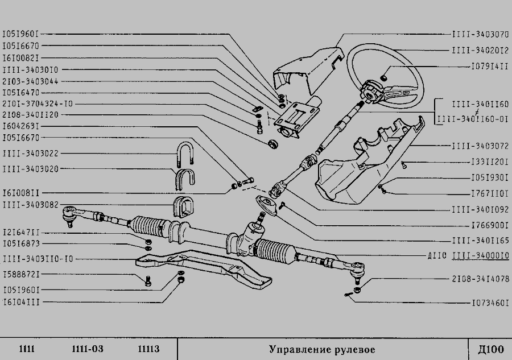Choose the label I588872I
pyautogui.click(x=21, y=274)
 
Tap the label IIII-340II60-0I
pyautogui.click(x=472, y=120)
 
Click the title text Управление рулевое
pyautogui.click(x=322, y=348)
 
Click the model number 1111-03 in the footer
pyautogui.click(x=88, y=348)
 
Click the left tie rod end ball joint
pyautogui.click(x=70, y=214)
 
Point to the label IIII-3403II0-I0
pyautogui.click(x=38, y=259)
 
